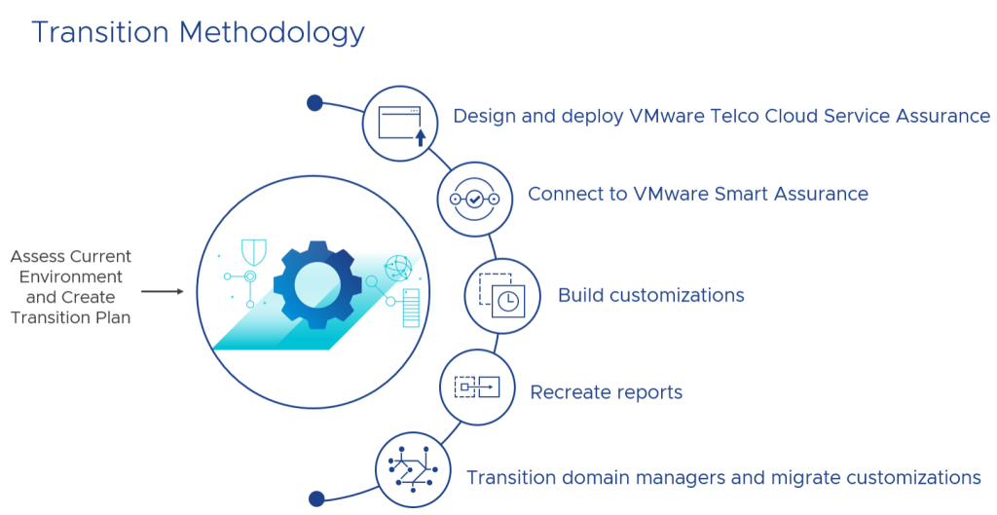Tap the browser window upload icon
click(x=399, y=123)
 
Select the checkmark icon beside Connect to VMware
click(x=474, y=200)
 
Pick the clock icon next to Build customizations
click(x=502, y=295)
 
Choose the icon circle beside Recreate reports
click(x=477, y=387)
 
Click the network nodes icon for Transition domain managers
click(x=413, y=470)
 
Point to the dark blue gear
click(x=317, y=284)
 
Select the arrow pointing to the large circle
click(x=162, y=291)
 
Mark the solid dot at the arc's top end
click(x=314, y=102)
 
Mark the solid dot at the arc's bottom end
click(x=316, y=498)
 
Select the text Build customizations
click(x=650, y=295)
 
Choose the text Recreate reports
click(x=606, y=392)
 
